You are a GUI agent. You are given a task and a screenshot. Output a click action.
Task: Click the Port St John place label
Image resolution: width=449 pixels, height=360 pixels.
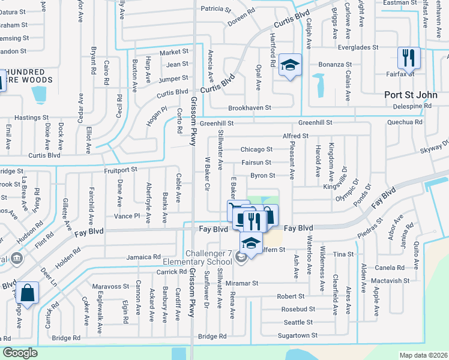[411, 95]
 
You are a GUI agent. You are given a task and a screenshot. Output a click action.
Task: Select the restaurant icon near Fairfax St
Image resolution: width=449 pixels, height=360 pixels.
[408, 58]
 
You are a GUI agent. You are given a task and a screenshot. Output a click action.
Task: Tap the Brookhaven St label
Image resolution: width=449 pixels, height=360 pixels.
[250, 108]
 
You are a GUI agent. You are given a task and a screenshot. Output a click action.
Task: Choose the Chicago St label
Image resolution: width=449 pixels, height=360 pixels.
[256, 149]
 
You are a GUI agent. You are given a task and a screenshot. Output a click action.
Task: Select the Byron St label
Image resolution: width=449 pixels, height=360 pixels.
[262, 176]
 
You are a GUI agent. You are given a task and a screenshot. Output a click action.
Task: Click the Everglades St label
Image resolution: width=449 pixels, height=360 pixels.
[358, 47]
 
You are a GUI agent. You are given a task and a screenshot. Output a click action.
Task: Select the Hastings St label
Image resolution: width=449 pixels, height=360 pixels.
[30, 118]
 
